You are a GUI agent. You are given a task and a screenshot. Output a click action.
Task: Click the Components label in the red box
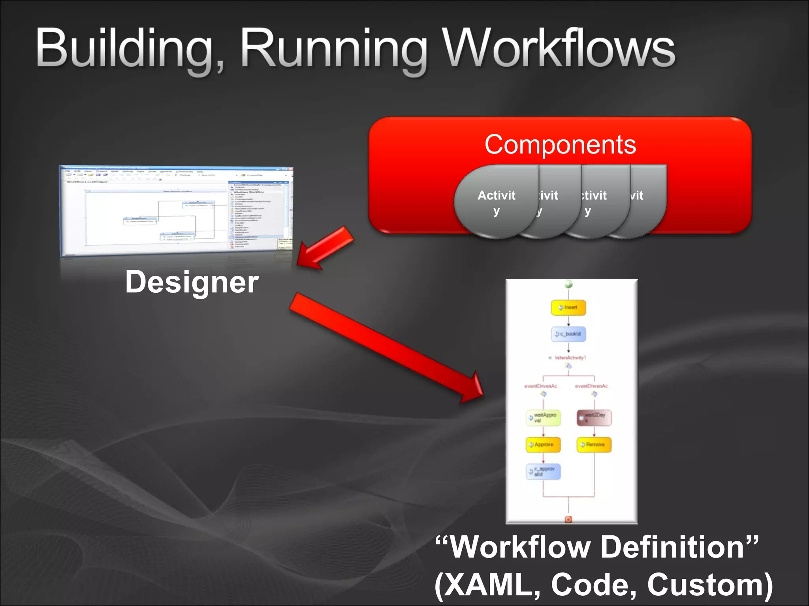(x=560, y=144)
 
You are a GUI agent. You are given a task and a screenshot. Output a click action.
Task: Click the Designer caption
(x=192, y=282)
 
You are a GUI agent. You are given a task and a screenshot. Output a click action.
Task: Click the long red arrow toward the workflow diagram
(x=387, y=349)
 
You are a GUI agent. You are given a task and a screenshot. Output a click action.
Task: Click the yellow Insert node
(x=568, y=308)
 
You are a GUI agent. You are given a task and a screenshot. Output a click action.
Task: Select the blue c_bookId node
(x=568, y=334)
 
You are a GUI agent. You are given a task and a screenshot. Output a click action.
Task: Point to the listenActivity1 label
(x=570, y=358)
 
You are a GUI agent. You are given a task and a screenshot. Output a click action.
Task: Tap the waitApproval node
(x=543, y=418)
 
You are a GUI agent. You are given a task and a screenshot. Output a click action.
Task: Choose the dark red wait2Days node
(x=594, y=417)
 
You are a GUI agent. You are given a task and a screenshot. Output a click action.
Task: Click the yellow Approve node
(x=543, y=445)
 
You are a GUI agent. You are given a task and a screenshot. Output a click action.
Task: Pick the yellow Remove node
(x=594, y=445)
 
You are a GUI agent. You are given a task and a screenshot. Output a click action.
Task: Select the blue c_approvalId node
(x=543, y=471)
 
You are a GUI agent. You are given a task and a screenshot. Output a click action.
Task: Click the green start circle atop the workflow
(x=568, y=284)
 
